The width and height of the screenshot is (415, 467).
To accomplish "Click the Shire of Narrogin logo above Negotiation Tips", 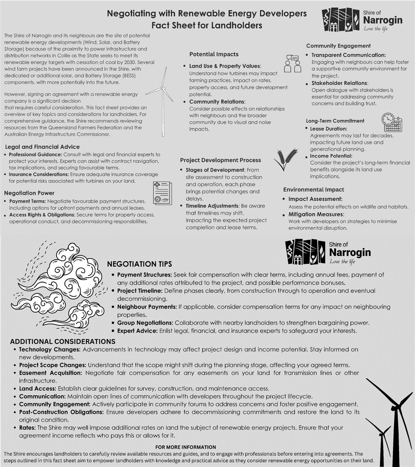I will [x=328, y=252].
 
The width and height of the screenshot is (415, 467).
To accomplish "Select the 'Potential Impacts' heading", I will [x=214, y=54].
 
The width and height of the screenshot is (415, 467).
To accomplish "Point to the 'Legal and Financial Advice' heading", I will [x=42, y=147].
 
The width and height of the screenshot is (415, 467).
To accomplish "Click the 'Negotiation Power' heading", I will [x=29, y=193].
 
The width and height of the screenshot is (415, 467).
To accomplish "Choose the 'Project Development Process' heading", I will [x=220, y=160].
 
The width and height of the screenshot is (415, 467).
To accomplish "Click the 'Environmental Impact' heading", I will [x=313, y=189].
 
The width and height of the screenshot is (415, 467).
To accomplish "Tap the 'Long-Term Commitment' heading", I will [x=335, y=121].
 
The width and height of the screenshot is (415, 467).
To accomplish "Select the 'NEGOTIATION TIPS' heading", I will [x=139, y=264].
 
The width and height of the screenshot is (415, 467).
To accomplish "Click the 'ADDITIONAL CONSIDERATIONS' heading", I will [x=60, y=341].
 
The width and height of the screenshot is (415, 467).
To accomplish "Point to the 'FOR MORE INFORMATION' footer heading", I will [x=185, y=447].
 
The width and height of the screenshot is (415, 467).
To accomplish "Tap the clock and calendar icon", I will [x=392, y=122].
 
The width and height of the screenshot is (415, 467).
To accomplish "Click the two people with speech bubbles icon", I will [x=293, y=64].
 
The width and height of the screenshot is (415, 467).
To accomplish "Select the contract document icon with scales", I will [x=162, y=193].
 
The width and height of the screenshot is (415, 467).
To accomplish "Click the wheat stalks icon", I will [x=286, y=159].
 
